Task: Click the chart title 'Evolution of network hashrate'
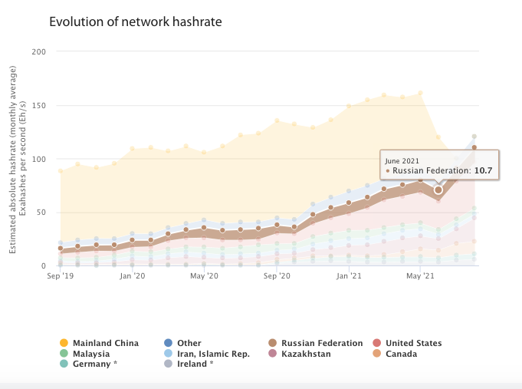(x=135, y=21)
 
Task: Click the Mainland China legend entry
(x=105, y=343)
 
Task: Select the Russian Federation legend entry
(x=322, y=343)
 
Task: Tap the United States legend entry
(x=413, y=343)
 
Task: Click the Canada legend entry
(x=402, y=354)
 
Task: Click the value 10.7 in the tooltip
(x=482, y=170)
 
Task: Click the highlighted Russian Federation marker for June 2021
(x=438, y=190)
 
